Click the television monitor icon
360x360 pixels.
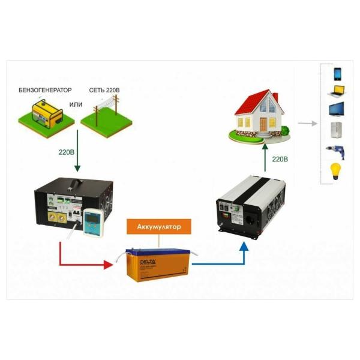coord(337,112)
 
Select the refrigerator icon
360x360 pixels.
coord(337,131)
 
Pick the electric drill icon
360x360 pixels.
coord(337,150)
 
